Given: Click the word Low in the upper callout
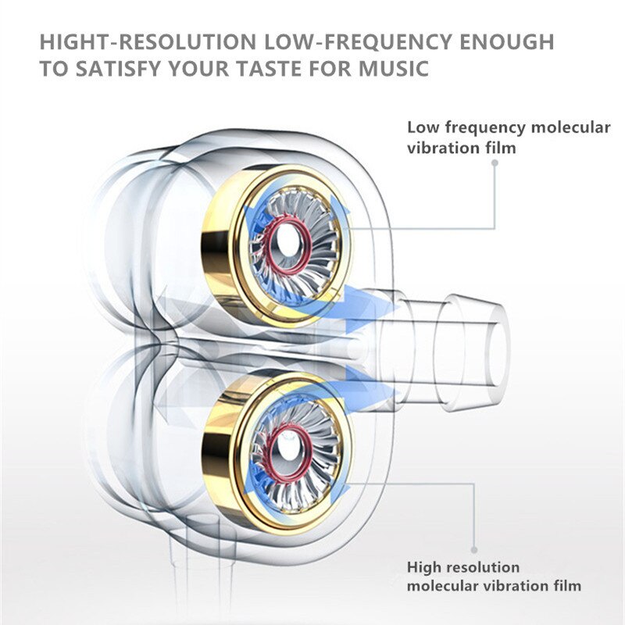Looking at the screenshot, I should pyautogui.click(x=423, y=128).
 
